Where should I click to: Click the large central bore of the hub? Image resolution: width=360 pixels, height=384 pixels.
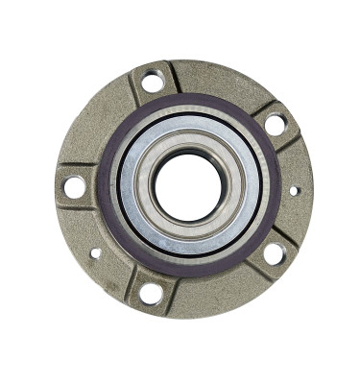[188, 186]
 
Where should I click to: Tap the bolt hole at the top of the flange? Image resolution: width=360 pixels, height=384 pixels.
[153, 83]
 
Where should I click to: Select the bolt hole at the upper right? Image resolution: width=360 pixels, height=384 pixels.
[276, 125]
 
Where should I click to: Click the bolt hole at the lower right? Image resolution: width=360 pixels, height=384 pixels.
[274, 253]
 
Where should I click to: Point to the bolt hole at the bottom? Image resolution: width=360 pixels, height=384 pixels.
[152, 293]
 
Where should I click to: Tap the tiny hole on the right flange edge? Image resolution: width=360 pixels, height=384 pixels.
[294, 190]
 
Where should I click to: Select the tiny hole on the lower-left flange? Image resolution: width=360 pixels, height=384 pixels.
[95, 253]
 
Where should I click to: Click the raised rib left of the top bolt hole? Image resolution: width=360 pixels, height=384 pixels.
[131, 89]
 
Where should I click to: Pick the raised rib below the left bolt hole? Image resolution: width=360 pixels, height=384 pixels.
[80, 212]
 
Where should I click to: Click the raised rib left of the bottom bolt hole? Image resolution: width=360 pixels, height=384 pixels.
[130, 285]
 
